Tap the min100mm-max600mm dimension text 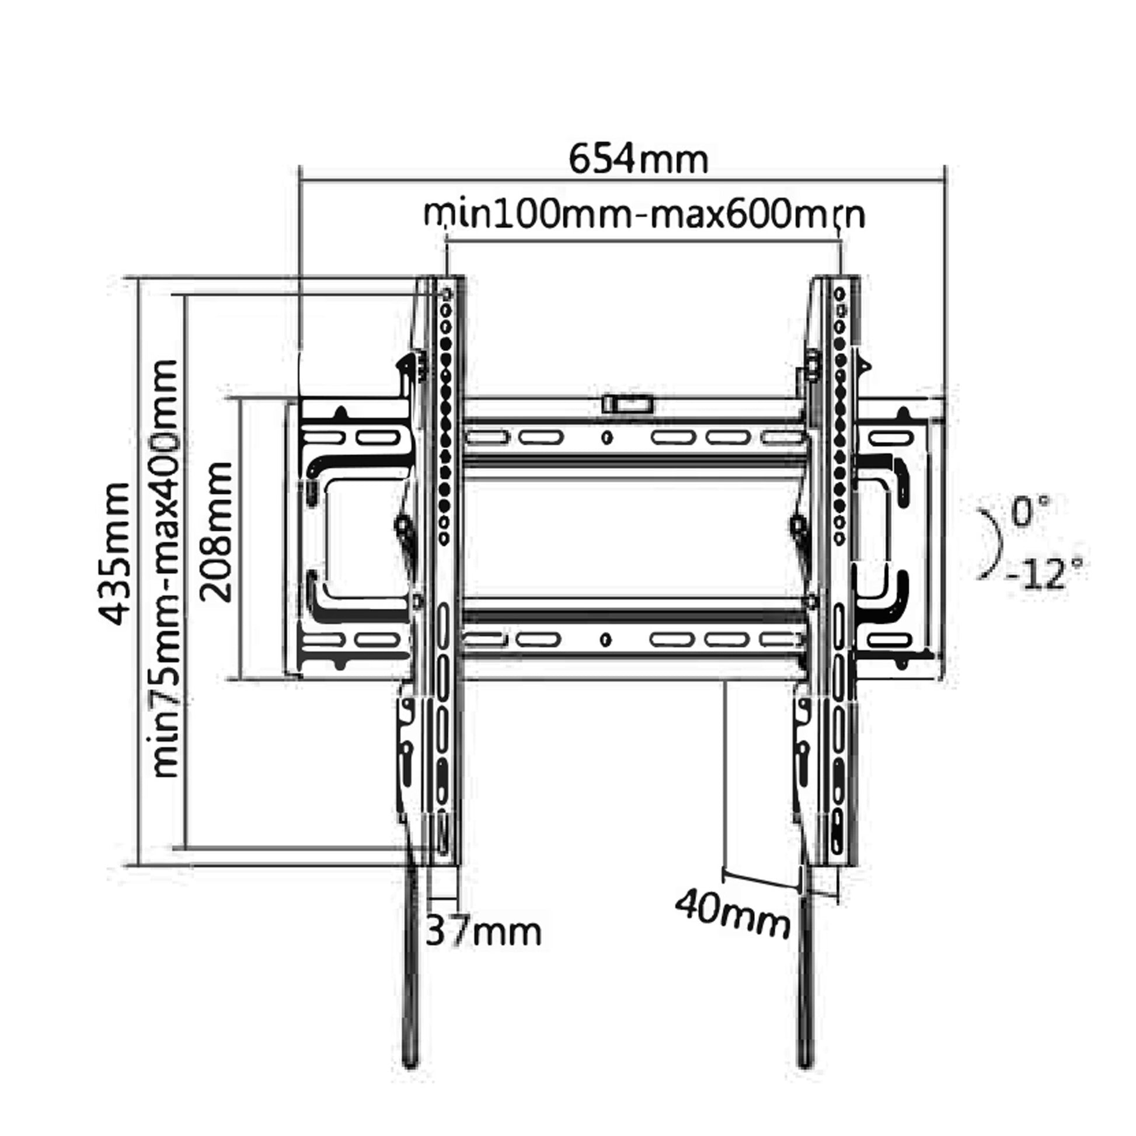[x=644, y=216]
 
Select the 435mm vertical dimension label [x=113, y=553]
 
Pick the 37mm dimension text [x=483, y=931]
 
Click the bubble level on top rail [x=628, y=405]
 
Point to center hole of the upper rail [x=607, y=437]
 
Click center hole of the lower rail [x=607, y=639]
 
